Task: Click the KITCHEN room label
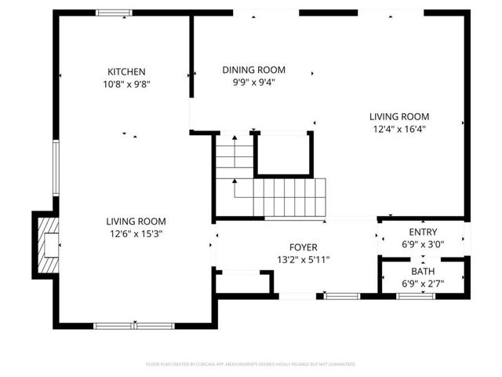click(x=126, y=71)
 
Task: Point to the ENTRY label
click(x=423, y=232)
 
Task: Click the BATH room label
click(x=423, y=271)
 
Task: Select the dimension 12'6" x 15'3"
click(x=136, y=233)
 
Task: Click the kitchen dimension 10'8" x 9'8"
click(x=126, y=83)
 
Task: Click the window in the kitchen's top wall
click(x=115, y=13)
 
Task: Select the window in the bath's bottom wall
click(x=416, y=296)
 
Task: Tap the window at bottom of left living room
click(x=134, y=325)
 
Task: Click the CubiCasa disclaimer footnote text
click(x=251, y=364)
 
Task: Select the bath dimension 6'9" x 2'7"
click(x=423, y=283)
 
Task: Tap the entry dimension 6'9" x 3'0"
click(x=423, y=243)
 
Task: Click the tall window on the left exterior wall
click(x=55, y=167)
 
